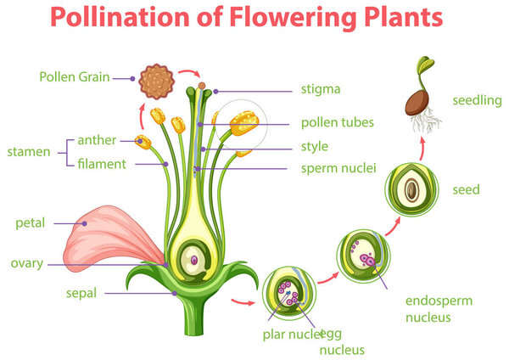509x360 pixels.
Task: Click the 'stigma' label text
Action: pyautogui.click(x=321, y=89)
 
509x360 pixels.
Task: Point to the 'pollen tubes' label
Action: pyautogui.click(x=337, y=122)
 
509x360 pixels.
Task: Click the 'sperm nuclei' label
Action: pyautogui.click(x=338, y=168)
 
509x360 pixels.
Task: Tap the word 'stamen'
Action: pyautogui.click(x=29, y=153)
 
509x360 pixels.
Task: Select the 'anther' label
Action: pyautogui.click(x=97, y=140)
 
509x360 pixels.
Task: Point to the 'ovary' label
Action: pyautogui.click(x=26, y=262)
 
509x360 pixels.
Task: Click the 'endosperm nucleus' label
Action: pyautogui.click(x=439, y=309)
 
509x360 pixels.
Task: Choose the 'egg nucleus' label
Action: pyautogui.click(x=341, y=340)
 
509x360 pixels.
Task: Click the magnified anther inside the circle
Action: pyautogui.click(x=243, y=124)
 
